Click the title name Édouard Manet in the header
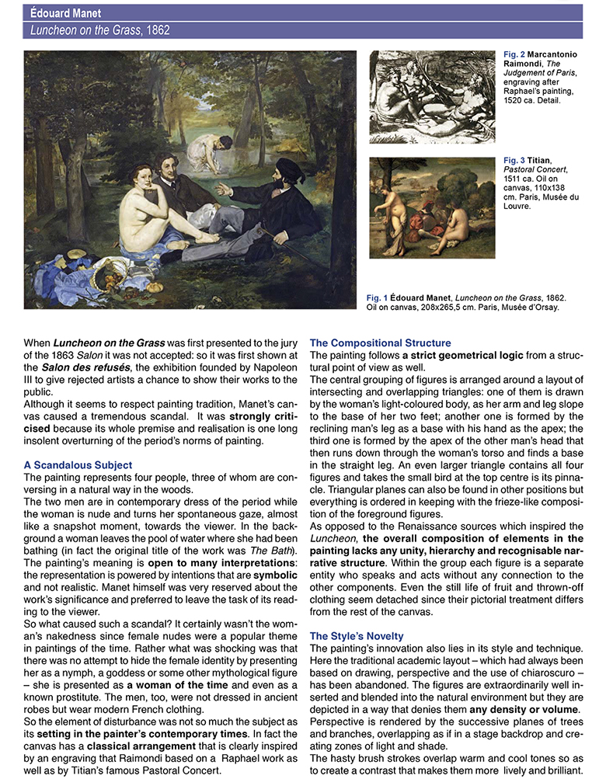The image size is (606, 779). point(65,13)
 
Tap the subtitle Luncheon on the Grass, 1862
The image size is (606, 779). point(99,30)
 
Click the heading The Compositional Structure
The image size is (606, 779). point(380,343)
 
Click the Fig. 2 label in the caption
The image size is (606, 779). point(515,54)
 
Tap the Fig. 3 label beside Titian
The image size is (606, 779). point(515,161)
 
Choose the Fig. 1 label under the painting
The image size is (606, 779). point(377,297)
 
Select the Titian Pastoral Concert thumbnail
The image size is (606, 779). point(432,208)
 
